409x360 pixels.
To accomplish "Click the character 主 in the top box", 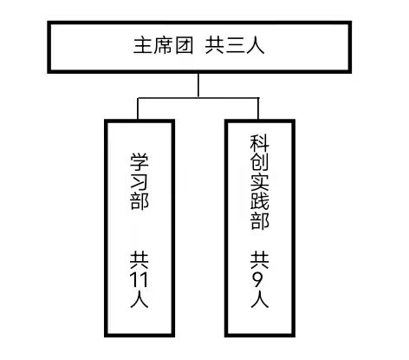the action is click(x=143, y=45).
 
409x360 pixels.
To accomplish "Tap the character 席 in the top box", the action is click(x=163, y=45).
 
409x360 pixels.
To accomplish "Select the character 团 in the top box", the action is click(x=184, y=45).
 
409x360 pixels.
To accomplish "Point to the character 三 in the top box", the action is click(x=235, y=46).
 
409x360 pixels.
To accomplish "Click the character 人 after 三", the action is click(x=255, y=45).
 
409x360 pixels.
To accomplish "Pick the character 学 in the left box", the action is click(x=140, y=162).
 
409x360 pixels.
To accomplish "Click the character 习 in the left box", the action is click(x=140, y=182).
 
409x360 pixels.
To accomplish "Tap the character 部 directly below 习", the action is click(x=140, y=201).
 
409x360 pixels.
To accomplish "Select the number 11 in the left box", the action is click(x=139, y=279).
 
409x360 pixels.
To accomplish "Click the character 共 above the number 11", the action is click(x=140, y=260).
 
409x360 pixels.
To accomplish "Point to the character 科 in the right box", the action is click(x=260, y=143).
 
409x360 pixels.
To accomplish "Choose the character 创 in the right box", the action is click(x=260, y=162).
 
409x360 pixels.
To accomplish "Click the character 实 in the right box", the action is click(x=260, y=181).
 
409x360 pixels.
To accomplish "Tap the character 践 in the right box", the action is click(x=260, y=200).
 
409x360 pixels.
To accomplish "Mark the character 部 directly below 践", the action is click(x=260, y=220).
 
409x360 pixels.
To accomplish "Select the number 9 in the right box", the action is click(x=260, y=279).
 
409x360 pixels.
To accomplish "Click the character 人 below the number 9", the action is click(x=260, y=298).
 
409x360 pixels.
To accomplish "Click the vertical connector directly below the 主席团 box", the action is click(x=198, y=85).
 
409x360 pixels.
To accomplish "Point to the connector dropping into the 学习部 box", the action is click(x=138, y=108).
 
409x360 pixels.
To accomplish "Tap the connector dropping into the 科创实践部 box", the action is click(x=258, y=108).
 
